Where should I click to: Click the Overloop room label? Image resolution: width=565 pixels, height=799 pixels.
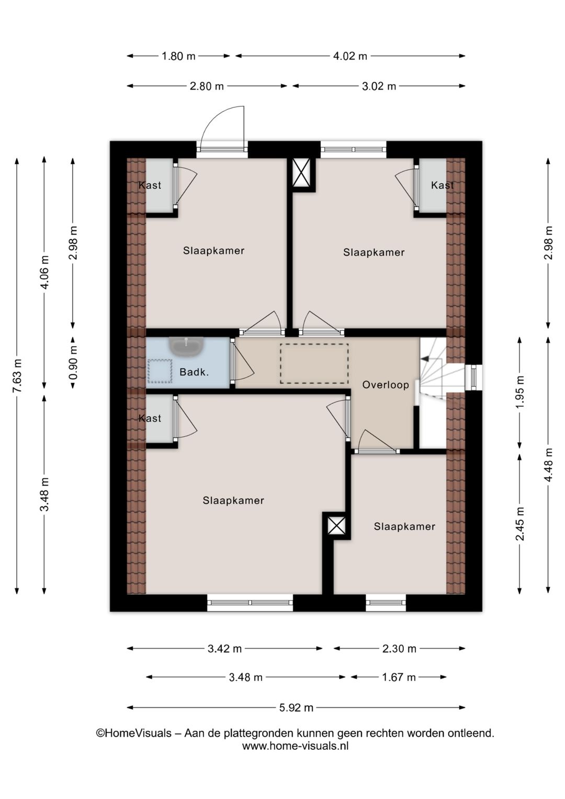click(386, 385)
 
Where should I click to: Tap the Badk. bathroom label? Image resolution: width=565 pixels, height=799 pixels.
click(194, 372)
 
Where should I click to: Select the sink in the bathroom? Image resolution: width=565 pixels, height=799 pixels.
click(186, 347)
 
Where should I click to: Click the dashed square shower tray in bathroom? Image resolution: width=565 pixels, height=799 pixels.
click(160, 371)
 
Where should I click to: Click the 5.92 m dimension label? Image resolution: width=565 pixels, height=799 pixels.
click(296, 707)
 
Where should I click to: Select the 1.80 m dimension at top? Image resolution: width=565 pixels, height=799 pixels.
click(178, 56)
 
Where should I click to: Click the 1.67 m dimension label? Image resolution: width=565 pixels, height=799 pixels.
click(399, 677)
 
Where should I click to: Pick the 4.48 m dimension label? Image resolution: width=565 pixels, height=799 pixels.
click(548, 465)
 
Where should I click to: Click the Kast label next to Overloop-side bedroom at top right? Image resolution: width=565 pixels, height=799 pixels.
click(443, 185)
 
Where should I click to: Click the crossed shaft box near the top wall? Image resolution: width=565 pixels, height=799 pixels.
click(302, 172)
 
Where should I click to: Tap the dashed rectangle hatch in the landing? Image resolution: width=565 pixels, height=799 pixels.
click(314, 364)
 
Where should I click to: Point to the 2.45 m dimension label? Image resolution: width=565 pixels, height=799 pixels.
click(521, 524)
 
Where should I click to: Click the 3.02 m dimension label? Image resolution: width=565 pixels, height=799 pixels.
click(379, 86)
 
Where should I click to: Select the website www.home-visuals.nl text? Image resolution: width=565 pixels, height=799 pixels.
click(296, 746)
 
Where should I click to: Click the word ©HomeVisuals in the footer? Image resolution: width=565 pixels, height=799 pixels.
click(134, 733)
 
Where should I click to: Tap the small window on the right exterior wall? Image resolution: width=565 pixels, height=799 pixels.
click(473, 378)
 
